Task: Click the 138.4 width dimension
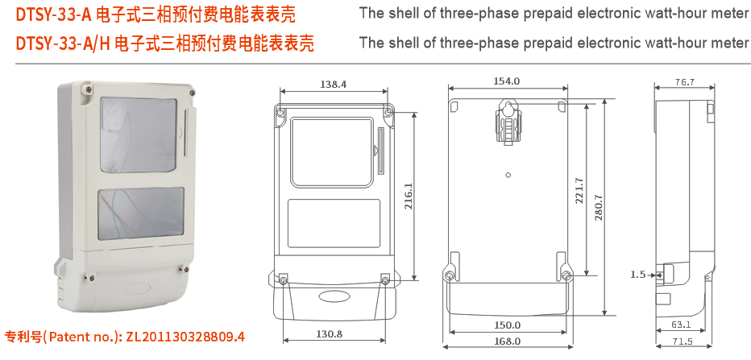(333, 84)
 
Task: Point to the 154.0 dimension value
(507, 81)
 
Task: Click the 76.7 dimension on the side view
(684, 82)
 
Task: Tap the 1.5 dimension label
(637, 275)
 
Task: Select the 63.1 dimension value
(681, 325)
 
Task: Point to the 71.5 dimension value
(683, 341)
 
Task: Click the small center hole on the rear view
(508, 174)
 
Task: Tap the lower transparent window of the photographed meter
(140, 217)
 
